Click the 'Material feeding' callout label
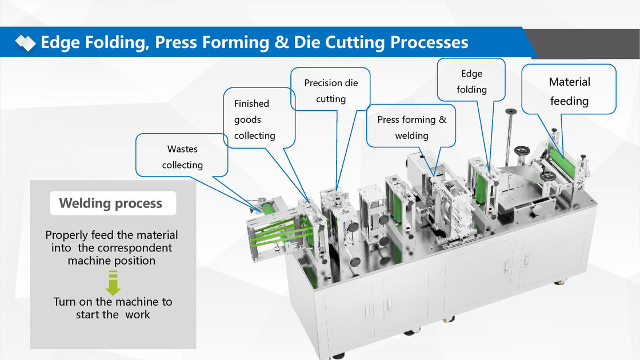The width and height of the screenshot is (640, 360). pyautogui.click(x=569, y=91)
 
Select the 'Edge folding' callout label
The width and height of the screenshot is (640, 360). pyautogui.click(x=471, y=81)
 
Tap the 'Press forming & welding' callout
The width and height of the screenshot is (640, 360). pyautogui.click(x=411, y=127)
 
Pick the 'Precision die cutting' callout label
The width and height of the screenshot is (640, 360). pyautogui.click(x=331, y=91)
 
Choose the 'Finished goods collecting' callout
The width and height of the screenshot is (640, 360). pyautogui.click(x=255, y=119)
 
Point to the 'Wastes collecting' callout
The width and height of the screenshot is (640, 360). pyautogui.click(x=182, y=157)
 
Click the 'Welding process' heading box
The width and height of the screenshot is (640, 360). pyautogui.click(x=111, y=203)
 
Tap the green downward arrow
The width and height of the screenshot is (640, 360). pyautogui.click(x=113, y=282)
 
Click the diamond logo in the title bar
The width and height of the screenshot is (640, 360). pyautogui.click(x=25, y=42)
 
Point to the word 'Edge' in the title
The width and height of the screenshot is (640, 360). pyautogui.click(x=61, y=42)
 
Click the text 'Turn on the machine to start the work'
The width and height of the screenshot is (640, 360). pyautogui.click(x=113, y=307)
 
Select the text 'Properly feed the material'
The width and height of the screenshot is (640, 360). pyautogui.click(x=111, y=235)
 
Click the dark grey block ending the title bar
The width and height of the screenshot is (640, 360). pyautogui.click(x=589, y=43)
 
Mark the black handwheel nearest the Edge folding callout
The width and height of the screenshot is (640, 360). pyautogui.click(x=520, y=151)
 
